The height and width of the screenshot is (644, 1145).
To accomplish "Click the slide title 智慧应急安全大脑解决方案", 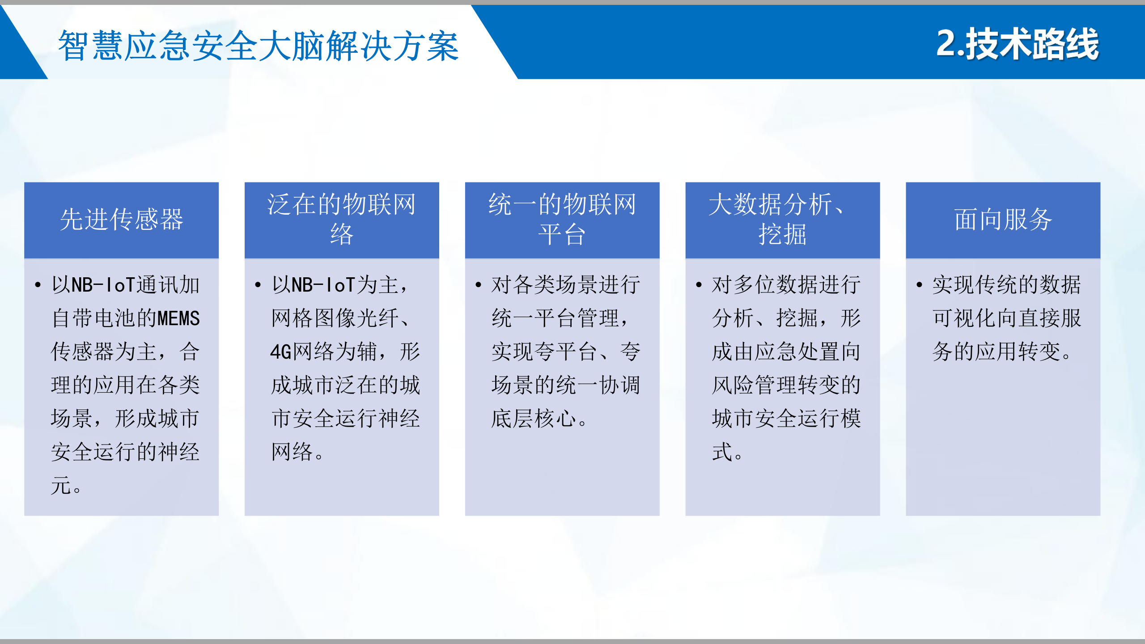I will click(x=258, y=46).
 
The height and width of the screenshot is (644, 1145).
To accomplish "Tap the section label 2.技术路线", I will click(x=1017, y=44).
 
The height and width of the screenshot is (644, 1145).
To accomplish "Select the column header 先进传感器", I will click(x=121, y=220).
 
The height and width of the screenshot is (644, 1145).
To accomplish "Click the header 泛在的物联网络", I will click(x=341, y=219).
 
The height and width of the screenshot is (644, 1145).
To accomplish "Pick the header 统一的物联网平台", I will click(x=562, y=219).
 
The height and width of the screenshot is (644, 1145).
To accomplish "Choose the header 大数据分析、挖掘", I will click(x=782, y=219).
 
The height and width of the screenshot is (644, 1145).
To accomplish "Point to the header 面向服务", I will click(x=1003, y=220).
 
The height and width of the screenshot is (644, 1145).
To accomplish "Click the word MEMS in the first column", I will click(x=178, y=318).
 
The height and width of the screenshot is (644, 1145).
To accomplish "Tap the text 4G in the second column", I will click(x=280, y=352).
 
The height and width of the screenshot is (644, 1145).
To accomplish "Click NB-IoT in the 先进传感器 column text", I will click(x=103, y=285).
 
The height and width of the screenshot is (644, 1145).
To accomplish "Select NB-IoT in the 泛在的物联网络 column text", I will click(x=323, y=285).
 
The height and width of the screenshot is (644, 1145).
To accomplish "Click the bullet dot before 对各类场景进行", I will click(x=478, y=285).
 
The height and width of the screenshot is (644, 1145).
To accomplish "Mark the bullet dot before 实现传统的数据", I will click(x=919, y=285).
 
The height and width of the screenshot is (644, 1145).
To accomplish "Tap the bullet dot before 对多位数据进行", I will click(x=699, y=285).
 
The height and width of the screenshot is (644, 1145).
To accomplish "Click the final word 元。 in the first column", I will click(x=66, y=486).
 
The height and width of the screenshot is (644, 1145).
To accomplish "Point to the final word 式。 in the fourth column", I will click(x=727, y=452).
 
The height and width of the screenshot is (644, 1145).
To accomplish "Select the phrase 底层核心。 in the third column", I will click(x=539, y=419).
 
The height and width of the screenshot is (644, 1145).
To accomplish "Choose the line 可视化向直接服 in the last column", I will click(x=1006, y=318).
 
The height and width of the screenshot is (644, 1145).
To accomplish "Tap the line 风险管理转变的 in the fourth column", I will click(x=786, y=385).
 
